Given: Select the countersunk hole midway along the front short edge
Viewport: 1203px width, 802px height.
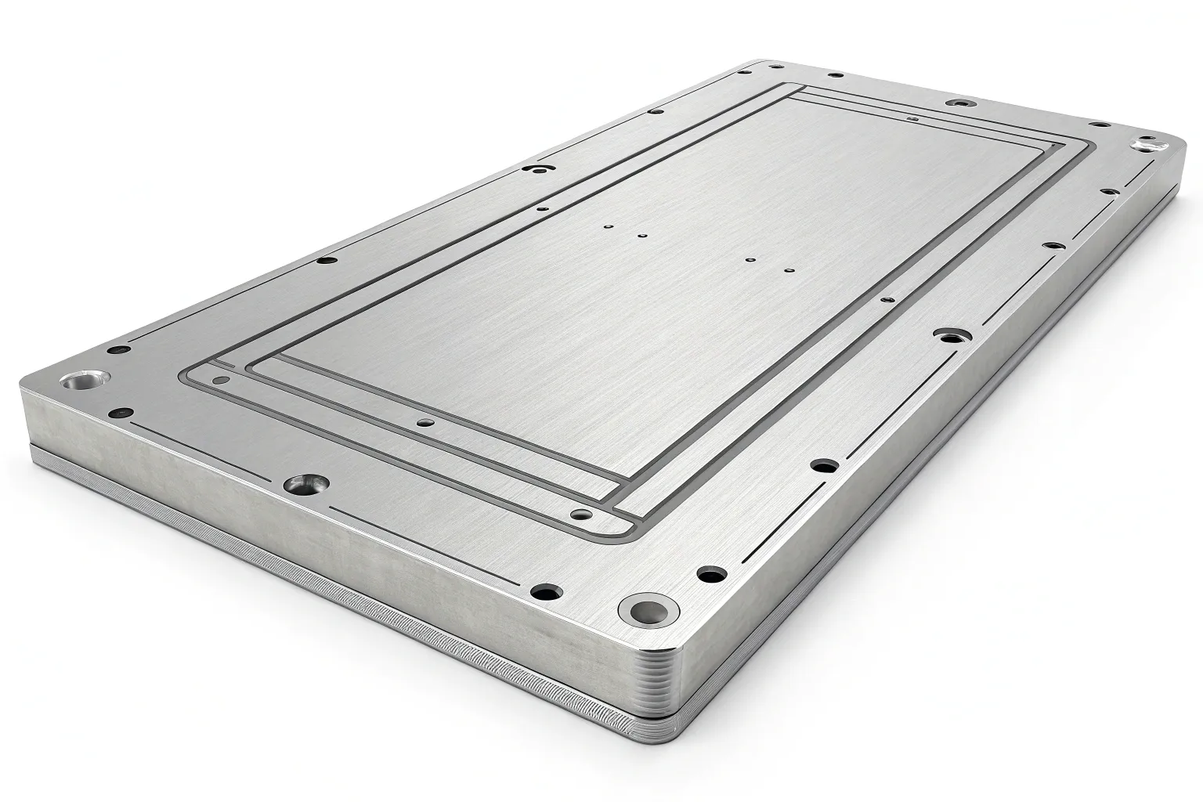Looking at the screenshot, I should click(305, 485).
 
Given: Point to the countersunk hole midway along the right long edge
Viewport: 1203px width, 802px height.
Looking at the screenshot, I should click(950, 337).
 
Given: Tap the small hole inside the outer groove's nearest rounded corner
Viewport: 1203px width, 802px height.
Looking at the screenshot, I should click(581, 515).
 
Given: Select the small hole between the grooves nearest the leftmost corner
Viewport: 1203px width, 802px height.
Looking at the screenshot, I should click(222, 381).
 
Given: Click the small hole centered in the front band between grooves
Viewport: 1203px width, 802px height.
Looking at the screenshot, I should click(425, 422).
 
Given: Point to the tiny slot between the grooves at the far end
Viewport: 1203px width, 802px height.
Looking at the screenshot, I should click(911, 118).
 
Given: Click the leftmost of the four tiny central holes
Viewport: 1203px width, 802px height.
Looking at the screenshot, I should click(609, 226).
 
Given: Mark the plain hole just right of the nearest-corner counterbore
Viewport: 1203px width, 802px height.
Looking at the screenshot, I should click(710, 573).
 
